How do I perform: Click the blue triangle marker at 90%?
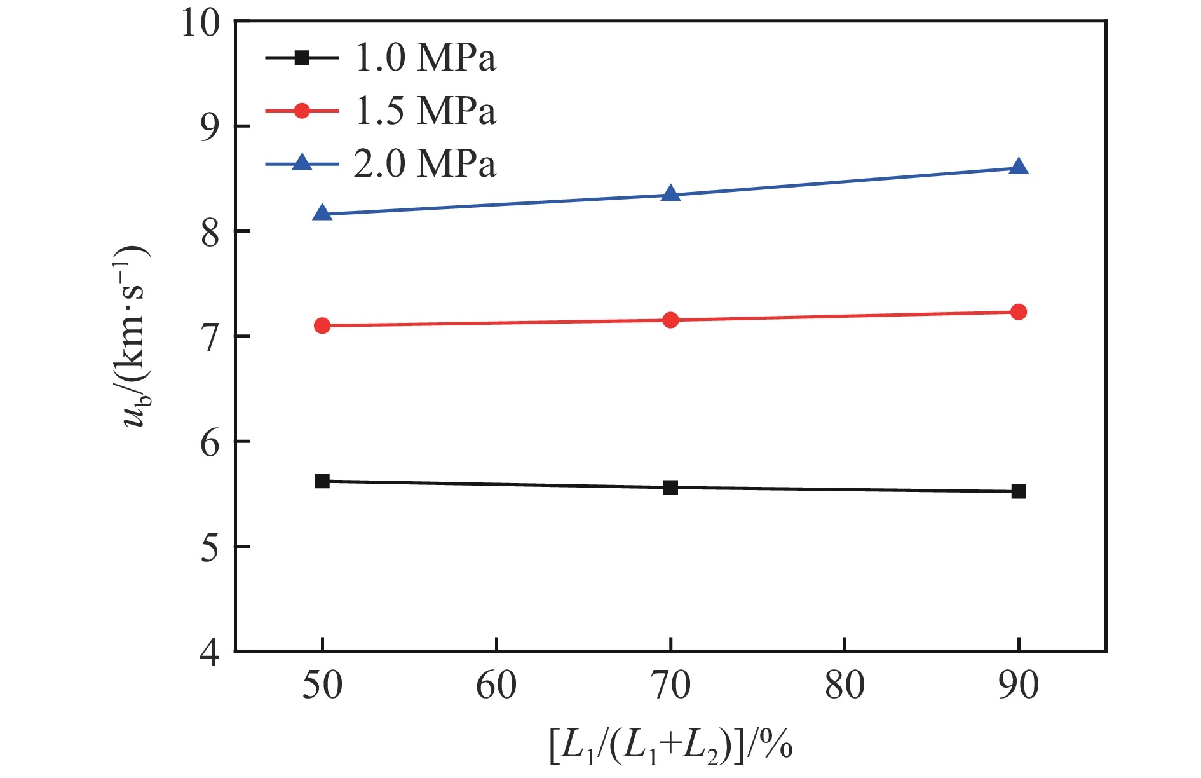tap(1018, 167)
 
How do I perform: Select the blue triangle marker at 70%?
tap(670, 194)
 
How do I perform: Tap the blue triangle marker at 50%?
tap(322, 214)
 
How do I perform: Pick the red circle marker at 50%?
tap(322, 325)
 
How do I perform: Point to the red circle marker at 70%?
tap(670, 320)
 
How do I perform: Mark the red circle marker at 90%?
tap(1018, 311)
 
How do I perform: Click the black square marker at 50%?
tap(322, 481)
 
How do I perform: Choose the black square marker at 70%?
tap(670, 488)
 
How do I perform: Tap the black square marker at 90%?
tap(1018, 491)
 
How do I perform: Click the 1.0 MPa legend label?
tap(424, 58)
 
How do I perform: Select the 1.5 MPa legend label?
tap(424, 111)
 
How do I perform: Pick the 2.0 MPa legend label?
tap(424, 164)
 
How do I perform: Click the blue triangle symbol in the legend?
tap(302, 163)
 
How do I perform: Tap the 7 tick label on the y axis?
tap(210, 337)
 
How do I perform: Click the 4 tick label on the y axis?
tap(210, 652)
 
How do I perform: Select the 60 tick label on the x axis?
tap(496, 686)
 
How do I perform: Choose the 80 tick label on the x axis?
tap(844, 686)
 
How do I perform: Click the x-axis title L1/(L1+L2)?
tap(670, 746)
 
